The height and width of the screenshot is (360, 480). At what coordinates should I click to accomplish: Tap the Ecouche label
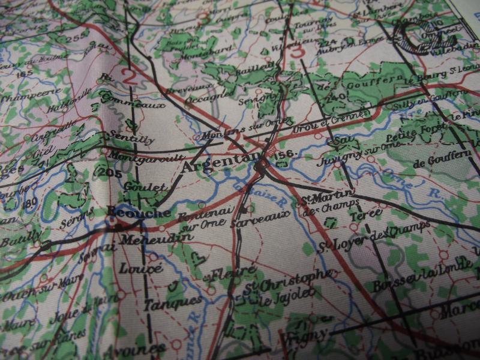tap(132, 212)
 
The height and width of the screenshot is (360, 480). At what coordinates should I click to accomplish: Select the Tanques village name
tap(164, 302)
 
